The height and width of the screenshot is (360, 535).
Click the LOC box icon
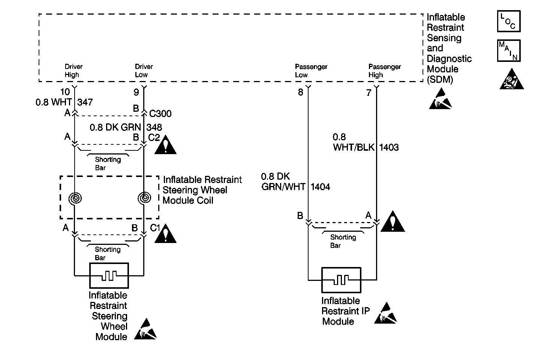coord(508,21)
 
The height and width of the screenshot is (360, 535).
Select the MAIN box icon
coord(508,51)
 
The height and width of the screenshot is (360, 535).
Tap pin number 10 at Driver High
coord(65,92)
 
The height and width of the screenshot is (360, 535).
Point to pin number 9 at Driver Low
coord(136,92)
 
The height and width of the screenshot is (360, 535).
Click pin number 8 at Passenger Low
coord(300,92)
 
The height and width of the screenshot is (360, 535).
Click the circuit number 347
coord(85,102)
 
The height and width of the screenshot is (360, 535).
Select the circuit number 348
coord(154,127)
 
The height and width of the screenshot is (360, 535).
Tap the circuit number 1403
coord(389,147)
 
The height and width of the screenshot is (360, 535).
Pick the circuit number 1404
coord(320,187)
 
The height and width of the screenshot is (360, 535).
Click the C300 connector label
coord(160,114)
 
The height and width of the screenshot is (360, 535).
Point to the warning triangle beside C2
coord(165,144)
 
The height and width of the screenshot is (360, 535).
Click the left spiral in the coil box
coord(75,198)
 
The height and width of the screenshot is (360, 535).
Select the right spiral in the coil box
coord(144,198)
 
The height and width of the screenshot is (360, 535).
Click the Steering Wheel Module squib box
coord(109,276)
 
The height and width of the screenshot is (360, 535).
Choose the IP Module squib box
coord(341,280)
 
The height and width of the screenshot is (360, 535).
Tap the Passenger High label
coord(384,70)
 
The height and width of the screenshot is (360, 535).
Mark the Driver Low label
coord(144,70)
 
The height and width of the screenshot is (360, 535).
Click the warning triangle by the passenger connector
coord(393,222)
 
